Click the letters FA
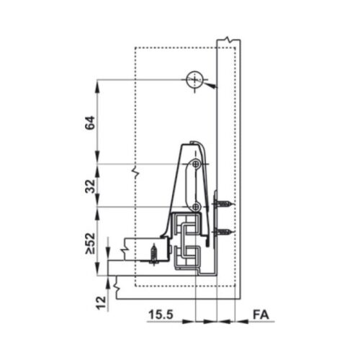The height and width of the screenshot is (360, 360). (262, 315)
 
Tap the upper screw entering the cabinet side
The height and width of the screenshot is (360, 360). (224, 205)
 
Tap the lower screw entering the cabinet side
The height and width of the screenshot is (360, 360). (224, 232)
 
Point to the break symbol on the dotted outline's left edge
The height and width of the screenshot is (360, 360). (134, 173)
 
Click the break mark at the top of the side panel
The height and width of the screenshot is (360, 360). (228, 37)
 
